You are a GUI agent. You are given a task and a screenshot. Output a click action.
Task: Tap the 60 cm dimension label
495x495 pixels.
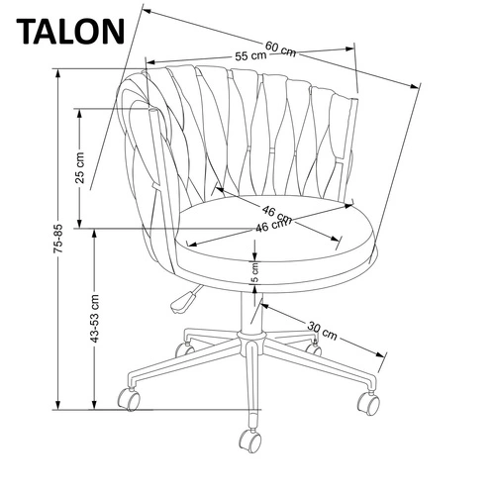click(x=280, y=47)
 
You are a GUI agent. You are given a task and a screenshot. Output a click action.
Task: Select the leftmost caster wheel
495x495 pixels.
click(x=130, y=402)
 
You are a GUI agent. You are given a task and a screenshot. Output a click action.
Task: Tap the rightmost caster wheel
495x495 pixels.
click(x=369, y=404)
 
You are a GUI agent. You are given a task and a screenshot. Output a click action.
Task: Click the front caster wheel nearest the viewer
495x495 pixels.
click(x=247, y=438)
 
